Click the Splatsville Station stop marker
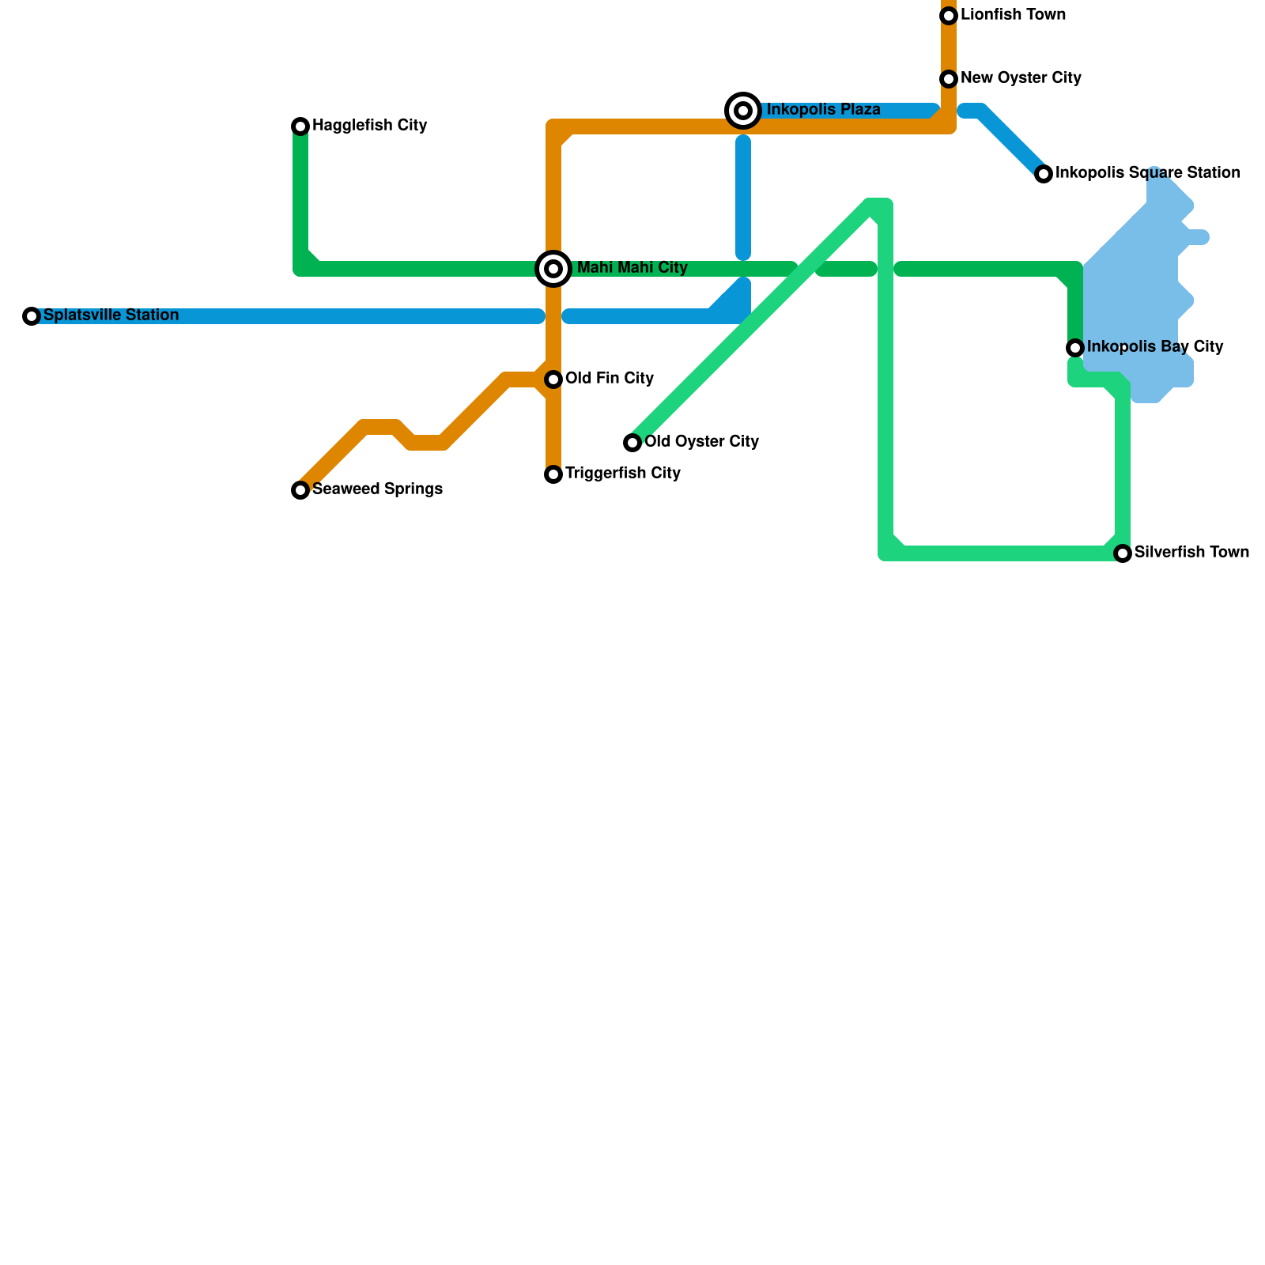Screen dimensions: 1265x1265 pyautogui.click(x=32, y=316)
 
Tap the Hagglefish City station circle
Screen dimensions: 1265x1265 pyautogui.click(x=300, y=126)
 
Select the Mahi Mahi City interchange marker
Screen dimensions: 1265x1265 pyautogui.click(x=553, y=269)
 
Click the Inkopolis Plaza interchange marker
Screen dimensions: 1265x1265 pyautogui.click(x=743, y=111)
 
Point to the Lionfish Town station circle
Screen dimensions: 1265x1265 pyautogui.click(x=949, y=16)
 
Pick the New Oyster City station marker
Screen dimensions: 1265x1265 pyautogui.click(x=949, y=79)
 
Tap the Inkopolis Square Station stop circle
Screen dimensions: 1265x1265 pyautogui.click(x=1044, y=174)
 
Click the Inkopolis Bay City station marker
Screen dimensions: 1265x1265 pyautogui.click(x=1075, y=348)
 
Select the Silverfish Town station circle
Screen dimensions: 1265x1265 pyautogui.click(x=1123, y=553)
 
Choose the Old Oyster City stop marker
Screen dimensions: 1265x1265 pyautogui.click(x=632, y=443)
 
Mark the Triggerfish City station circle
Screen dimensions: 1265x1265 pyautogui.click(x=553, y=474)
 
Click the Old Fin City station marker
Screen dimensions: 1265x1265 pyautogui.click(x=553, y=379)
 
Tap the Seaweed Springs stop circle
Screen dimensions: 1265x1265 pyautogui.click(x=300, y=490)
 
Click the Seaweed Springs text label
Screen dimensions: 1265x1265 pyautogui.click(x=377, y=489)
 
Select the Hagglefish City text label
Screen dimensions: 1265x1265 pyautogui.click(x=369, y=126)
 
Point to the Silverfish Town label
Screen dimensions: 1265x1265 pyautogui.click(x=1191, y=553)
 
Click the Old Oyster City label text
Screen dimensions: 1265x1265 pyautogui.click(x=701, y=442)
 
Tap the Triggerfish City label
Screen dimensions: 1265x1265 pyautogui.click(x=622, y=474)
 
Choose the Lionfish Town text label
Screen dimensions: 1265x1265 pyautogui.click(x=1013, y=15)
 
